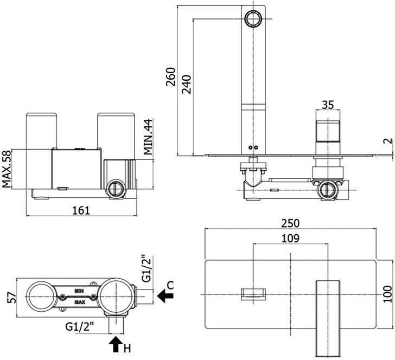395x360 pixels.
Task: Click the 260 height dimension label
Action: pyautogui.click(x=170, y=76)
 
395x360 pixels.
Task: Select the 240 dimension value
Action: pyautogui.click(x=187, y=84)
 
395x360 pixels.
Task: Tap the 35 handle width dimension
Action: pyautogui.click(x=328, y=105)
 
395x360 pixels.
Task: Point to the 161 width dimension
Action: pyautogui.click(x=81, y=210)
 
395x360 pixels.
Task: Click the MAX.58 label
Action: pyautogui.click(x=7, y=169)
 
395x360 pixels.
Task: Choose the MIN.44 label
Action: pyautogui.click(x=148, y=137)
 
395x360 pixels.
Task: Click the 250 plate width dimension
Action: pyautogui.click(x=290, y=223)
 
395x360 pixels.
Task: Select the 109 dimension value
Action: pyautogui.click(x=290, y=238)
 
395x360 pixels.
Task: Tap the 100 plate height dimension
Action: pyautogui.click(x=388, y=294)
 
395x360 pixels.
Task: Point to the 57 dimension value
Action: pyautogui.click(x=11, y=298)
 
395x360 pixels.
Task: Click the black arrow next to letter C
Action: pyautogui.click(x=165, y=295)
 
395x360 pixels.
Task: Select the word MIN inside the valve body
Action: pyautogui.click(x=79, y=291)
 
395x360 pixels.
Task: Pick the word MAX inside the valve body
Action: pyautogui.click(x=80, y=302)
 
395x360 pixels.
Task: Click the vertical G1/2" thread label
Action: pyautogui.click(x=146, y=268)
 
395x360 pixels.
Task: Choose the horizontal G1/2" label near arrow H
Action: pyautogui.click(x=80, y=327)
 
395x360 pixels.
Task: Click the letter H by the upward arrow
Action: pyautogui.click(x=128, y=349)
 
